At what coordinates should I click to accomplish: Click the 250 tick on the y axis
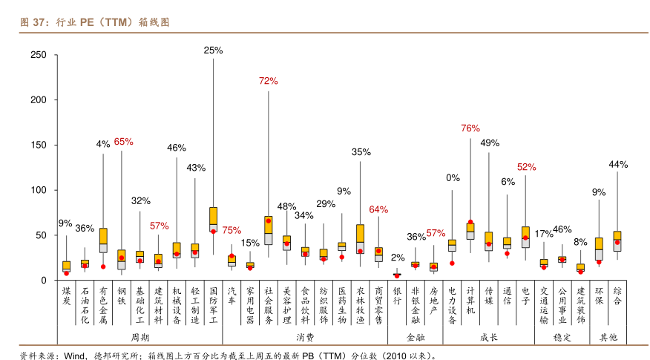[x=38, y=55]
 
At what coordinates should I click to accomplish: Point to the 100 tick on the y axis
[x=38, y=190]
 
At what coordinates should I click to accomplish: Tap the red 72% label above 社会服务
[x=268, y=80]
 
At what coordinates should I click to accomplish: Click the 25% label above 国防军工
[x=214, y=50]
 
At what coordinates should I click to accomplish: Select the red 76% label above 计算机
[x=470, y=128]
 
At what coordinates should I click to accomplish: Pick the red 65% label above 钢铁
[x=123, y=141]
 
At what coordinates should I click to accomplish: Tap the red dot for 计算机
[x=470, y=222]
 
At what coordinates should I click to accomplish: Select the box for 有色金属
[x=103, y=240]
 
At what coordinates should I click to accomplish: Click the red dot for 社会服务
[x=268, y=220]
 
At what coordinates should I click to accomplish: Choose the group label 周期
[x=139, y=336]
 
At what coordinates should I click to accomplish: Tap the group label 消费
[x=305, y=336]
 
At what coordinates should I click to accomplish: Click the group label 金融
[x=416, y=336]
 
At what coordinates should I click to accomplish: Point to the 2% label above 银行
[x=398, y=258]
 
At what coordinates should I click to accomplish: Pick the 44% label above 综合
[x=618, y=164]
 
